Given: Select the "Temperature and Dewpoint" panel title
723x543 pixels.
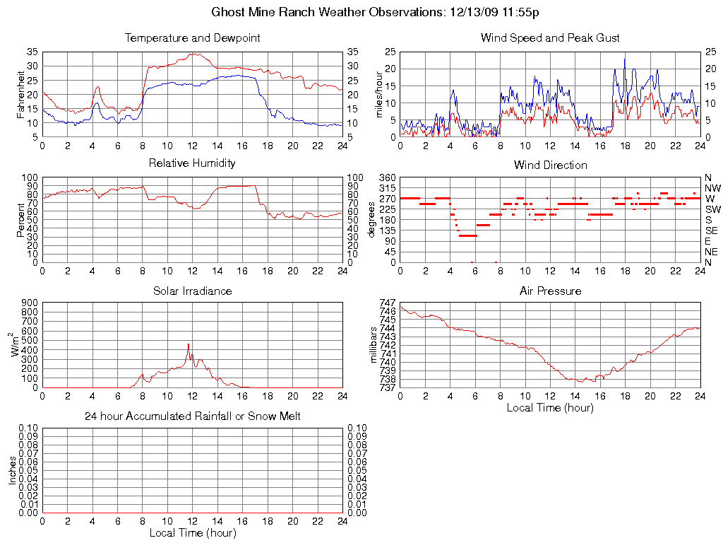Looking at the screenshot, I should point(192,38).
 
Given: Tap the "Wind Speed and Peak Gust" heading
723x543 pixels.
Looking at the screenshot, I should point(550,38).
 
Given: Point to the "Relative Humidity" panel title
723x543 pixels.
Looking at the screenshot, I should point(192,163).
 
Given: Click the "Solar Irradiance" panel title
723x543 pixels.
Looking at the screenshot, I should point(192,291).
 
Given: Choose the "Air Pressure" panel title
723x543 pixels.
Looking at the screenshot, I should point(550,291).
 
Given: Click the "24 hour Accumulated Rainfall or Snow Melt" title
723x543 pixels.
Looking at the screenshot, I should point(192,416).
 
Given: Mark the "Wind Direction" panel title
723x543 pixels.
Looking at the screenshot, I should point(550,165).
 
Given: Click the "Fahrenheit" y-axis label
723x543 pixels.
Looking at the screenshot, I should point(21,94).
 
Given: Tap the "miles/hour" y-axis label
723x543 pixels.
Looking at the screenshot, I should point(379,94).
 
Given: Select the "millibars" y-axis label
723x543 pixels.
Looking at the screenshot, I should point(374,345).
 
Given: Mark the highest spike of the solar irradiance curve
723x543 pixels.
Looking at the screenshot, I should point(188,344).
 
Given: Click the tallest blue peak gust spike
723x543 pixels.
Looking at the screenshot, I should point(624,59).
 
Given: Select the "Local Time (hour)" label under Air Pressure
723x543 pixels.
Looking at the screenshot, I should point(550,407).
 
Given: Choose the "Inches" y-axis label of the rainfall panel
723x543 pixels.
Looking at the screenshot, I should point(12,470).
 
